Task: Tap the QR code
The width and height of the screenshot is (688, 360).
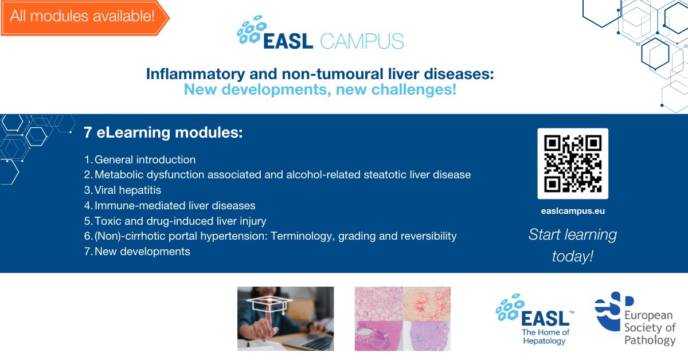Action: click(x=572, y=163)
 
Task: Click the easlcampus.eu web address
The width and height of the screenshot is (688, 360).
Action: click(x=572, y=211)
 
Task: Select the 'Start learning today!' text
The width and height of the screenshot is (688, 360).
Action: click(x=572, y=245)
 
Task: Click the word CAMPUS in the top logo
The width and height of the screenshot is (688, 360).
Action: click(x=362, y=41)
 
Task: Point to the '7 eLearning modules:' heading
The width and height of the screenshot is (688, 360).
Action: click(x=163, y=132)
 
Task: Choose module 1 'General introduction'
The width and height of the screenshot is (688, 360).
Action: click(x=144, y=160)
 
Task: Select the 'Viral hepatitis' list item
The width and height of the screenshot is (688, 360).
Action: click(x=128, y=190)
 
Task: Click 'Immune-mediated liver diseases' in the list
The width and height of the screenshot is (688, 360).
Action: click(x=175, y=205)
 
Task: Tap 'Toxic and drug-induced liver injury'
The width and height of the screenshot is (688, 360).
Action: click(x=180, y=221)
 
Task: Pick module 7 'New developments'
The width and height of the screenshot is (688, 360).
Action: click(x=142, y=251)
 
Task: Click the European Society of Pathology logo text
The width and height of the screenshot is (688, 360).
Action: click(x=650, y=328)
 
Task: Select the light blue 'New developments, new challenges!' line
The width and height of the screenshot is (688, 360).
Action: click(x=320, y=89)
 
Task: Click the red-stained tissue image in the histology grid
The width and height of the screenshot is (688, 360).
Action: click(x=427, y=303)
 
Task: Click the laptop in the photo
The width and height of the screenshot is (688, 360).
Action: click(x=312, y=341)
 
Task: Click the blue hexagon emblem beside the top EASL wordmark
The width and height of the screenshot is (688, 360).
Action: click(x=250, y=33)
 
